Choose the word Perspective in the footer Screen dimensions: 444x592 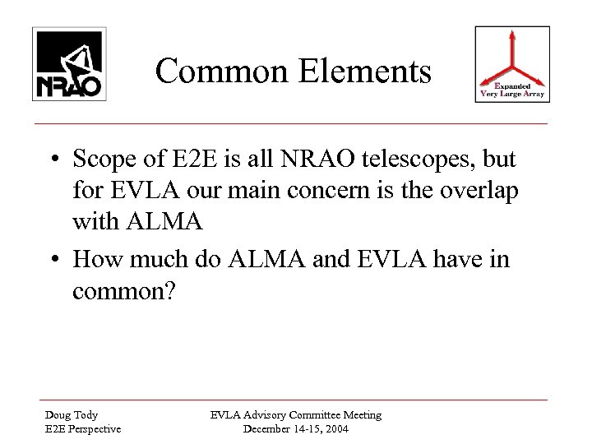[84, 428]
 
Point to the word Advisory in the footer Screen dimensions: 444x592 [273, 415]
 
